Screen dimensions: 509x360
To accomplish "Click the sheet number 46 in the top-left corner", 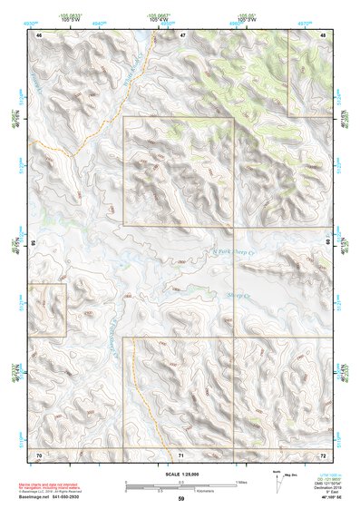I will point(39,34).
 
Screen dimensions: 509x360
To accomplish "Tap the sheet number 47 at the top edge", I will point(181,34).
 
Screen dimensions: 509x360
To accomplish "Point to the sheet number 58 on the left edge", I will point(34,243).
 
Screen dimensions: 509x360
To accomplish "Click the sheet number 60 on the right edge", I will point(328,243).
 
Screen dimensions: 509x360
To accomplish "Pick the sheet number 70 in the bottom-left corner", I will point(39,454).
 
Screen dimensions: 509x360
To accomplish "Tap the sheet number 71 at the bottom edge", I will point(181,454).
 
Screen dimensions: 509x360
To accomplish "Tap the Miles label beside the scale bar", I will point(241,481).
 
